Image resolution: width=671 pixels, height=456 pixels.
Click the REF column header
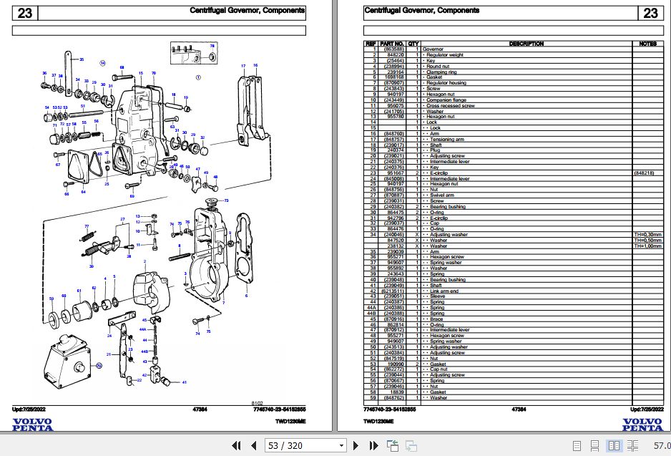[371, 44]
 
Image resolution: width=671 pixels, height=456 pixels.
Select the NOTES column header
[647, 44]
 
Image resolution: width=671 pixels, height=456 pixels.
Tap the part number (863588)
[394, 49]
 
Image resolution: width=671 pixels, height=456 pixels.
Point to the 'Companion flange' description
[447, 100]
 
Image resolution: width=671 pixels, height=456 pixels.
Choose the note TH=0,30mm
[647, 235]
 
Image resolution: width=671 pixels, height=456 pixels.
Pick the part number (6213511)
[394, 291]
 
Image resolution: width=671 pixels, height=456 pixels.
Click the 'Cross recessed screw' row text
[450, 106]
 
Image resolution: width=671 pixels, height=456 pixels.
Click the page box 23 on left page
[25, 12]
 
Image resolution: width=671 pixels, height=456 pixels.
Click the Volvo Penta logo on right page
[642, 424]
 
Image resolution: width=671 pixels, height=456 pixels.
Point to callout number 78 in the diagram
[212, 46]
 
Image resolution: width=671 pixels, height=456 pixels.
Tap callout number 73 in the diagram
[226, 200]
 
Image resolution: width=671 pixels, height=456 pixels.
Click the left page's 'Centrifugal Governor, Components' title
[247, 11]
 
